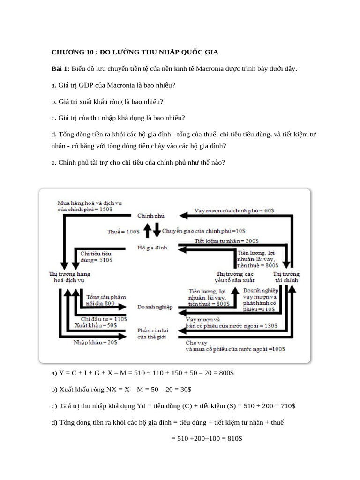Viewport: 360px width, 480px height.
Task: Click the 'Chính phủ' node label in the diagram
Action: [150, 216]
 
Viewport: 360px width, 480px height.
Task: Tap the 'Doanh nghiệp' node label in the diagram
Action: [155, 307]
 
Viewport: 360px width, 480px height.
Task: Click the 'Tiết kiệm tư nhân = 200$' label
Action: [226, 241]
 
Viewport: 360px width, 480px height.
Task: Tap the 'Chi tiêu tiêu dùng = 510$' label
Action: [96, 256]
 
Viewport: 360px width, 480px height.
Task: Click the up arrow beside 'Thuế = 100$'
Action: [145, 231]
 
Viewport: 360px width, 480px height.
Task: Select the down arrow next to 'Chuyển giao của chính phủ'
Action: [156, 231]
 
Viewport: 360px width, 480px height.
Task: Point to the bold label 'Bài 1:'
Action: [60, 69]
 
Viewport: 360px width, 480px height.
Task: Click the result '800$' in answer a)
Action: [226, 373]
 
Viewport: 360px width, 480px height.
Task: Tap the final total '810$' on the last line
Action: [233, 438]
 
